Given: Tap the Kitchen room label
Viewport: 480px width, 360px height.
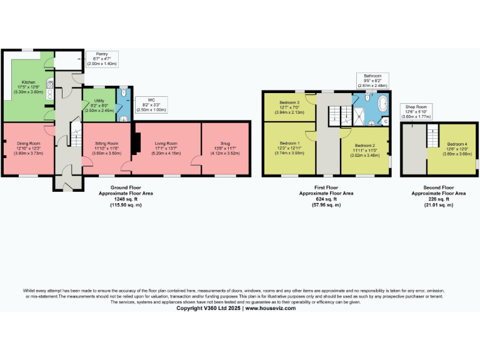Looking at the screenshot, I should tap(29, 87).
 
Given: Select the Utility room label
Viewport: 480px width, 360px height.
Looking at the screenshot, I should tap(99, 105).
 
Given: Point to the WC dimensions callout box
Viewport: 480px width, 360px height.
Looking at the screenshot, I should tap(151, 105).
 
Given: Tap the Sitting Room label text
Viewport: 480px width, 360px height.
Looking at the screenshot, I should tap(106, 147).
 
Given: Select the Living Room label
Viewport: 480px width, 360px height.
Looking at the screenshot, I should tap(166, 147).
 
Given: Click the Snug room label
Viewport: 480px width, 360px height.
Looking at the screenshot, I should tap(225, 147).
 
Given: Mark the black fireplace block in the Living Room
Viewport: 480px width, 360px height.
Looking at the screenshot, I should tap(132, 140).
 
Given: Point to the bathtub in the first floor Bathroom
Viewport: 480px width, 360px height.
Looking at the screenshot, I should tap(380, 104).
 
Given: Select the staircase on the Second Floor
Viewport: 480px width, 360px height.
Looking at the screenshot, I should tap(431, 136).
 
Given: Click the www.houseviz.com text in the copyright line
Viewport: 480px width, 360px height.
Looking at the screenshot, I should tap(271, 308).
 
